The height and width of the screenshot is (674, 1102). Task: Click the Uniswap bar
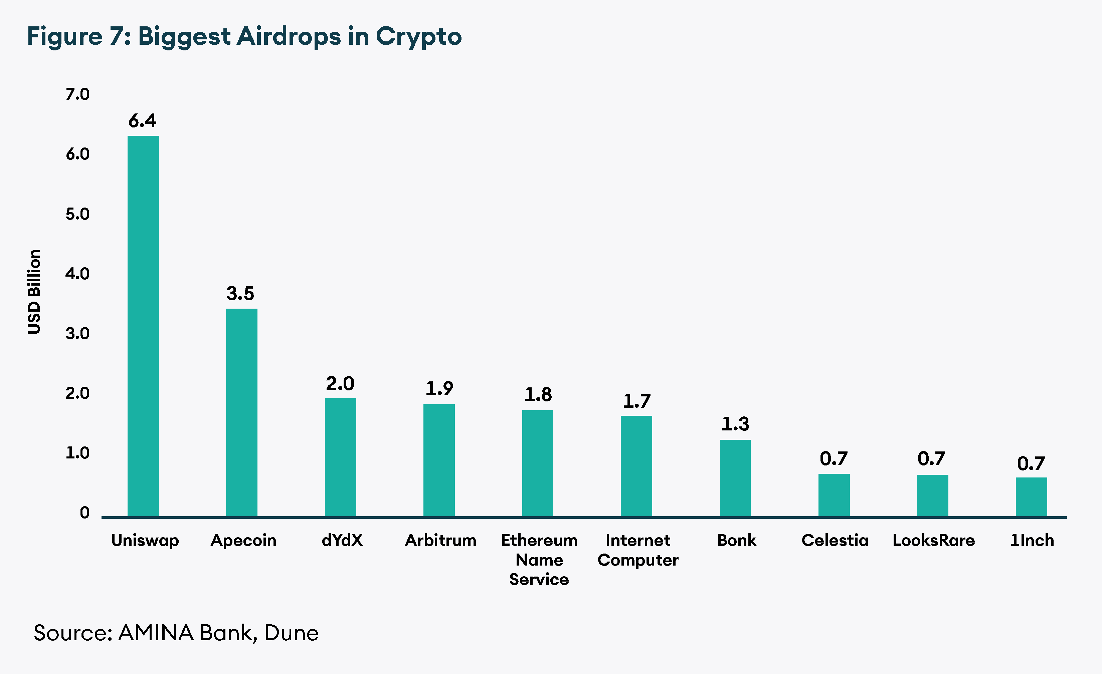(x=143, y=326)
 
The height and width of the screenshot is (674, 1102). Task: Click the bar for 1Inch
(x=1031, y=497)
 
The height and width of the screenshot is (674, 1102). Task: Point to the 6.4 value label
(x=142, y=121)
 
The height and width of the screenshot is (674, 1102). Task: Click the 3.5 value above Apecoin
(x=240, y=294)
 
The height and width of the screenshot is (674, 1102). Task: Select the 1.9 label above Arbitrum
(x=439, y=388)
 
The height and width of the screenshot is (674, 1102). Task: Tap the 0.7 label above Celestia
(x=834, y=458)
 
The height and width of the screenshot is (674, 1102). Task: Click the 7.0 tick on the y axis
(x=77, y=94)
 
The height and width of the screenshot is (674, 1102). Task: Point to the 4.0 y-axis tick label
(x=77, y=274)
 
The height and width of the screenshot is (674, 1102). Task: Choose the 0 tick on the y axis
(x=84, y=513)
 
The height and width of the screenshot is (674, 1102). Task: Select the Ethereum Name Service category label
(x=539, y=560)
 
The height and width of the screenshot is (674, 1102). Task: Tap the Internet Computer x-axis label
(x=638, y=550)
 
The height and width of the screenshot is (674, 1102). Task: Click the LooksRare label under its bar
(x=933, y=540)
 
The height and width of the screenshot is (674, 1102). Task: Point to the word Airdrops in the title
(x=289, y=36)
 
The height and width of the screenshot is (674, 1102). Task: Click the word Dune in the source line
(x=291, y=633)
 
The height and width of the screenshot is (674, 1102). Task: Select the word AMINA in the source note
(x=156, y=633)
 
